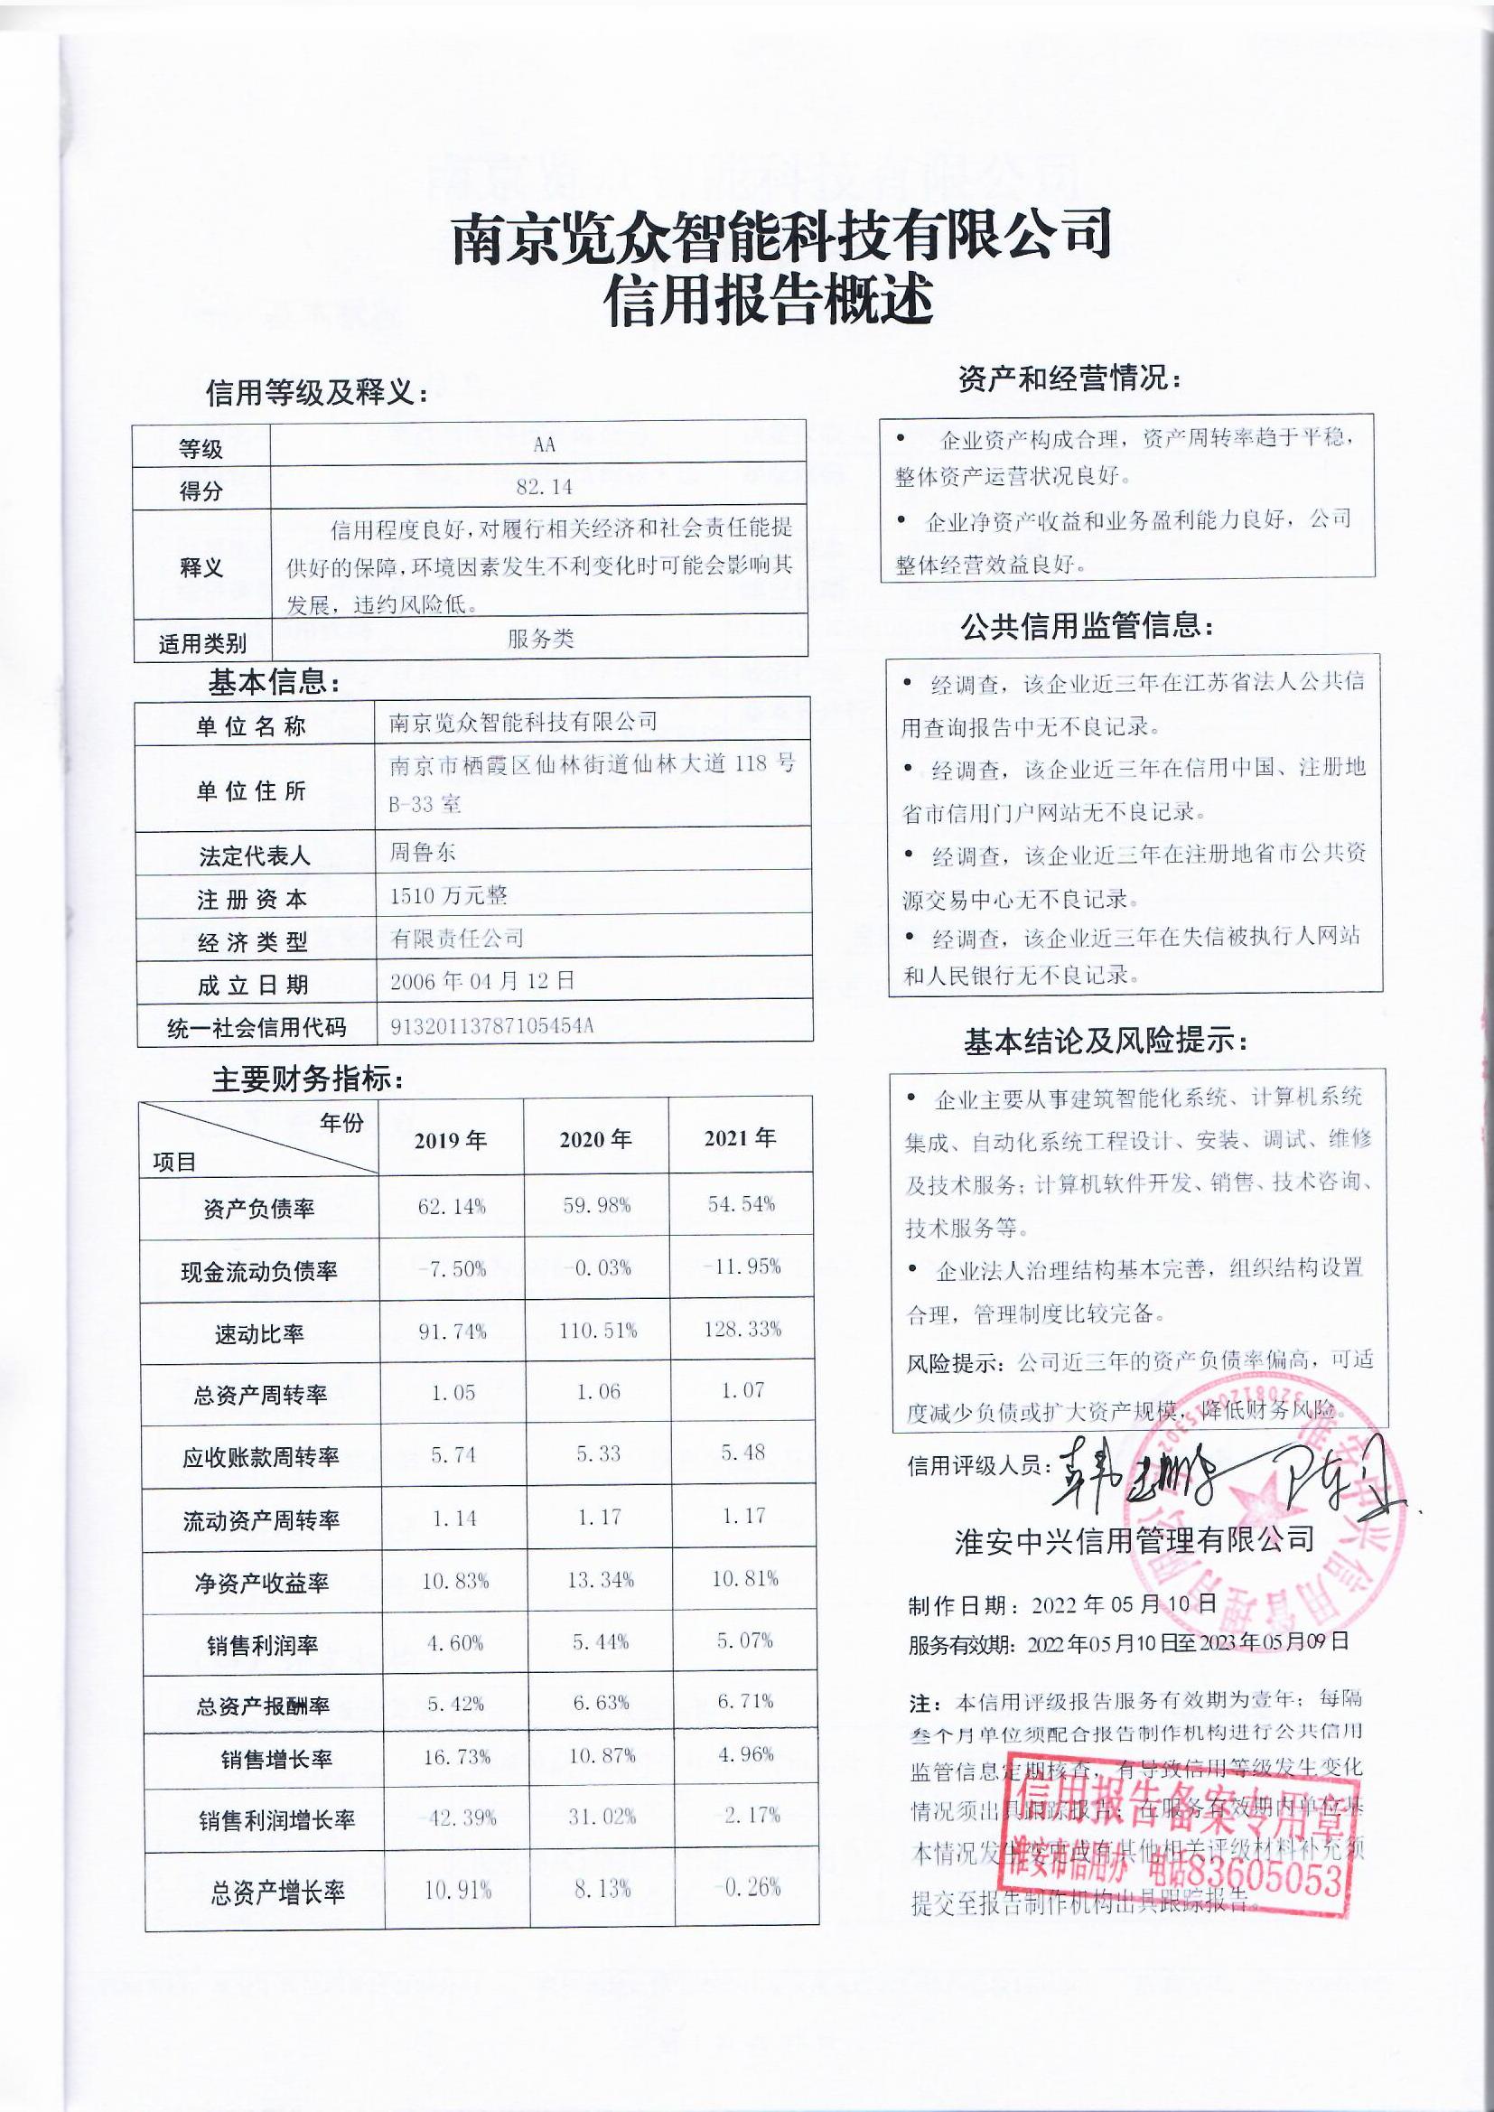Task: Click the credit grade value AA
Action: pyautogui.click(x=544, y=444)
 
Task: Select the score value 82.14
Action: pyautogui.click(x=544, y=488)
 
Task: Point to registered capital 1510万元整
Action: pyautogui.click(x=448, y=895)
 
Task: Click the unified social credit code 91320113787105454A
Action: pyautogui.click(x=491, y=1025)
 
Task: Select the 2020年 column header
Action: pyautogui.click(x=595, y=1140)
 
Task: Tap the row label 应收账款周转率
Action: pyautogui.click(x=260, y=1457)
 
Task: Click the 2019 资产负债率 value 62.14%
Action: pyautogui.click(x=451, y=1206)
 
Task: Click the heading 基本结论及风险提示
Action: pyautogui.click(x=1106, y=1043)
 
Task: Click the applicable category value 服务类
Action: pyautogui.click(x=541, y=640)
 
